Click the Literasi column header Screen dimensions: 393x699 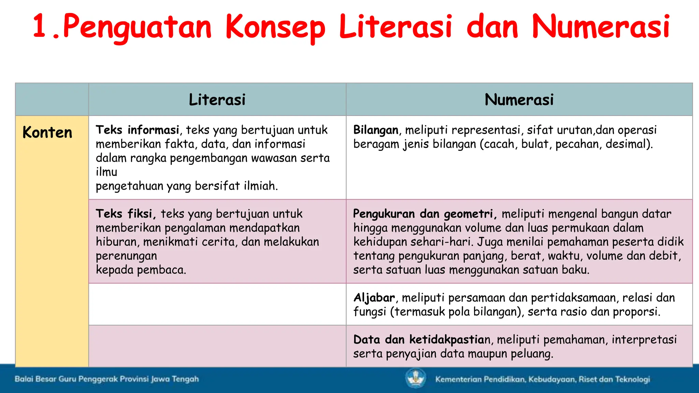point(217,100)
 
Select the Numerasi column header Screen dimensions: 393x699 point(519,100)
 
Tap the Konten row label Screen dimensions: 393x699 point(47,132)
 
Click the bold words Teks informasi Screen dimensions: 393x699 point(137,130)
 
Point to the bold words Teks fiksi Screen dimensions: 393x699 point(125,214)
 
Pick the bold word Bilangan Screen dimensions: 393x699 point(376,130)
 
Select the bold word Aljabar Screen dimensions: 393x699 point(374,298)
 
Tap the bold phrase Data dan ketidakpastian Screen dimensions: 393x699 point(422,340)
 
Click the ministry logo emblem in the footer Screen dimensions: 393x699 point(416,379)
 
